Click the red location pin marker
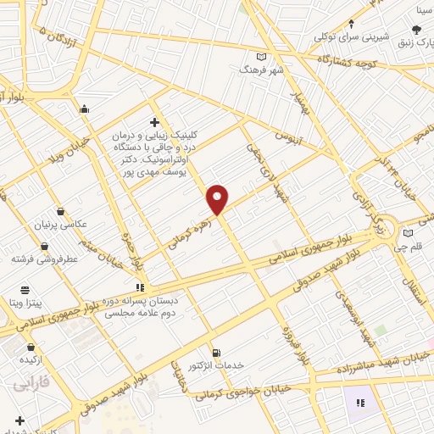point(218,198)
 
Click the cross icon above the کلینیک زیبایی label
point(154,123)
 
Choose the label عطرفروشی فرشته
point(45,258)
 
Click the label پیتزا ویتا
point(26,303)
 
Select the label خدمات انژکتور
point(219,364)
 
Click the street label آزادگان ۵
point(58,36)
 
